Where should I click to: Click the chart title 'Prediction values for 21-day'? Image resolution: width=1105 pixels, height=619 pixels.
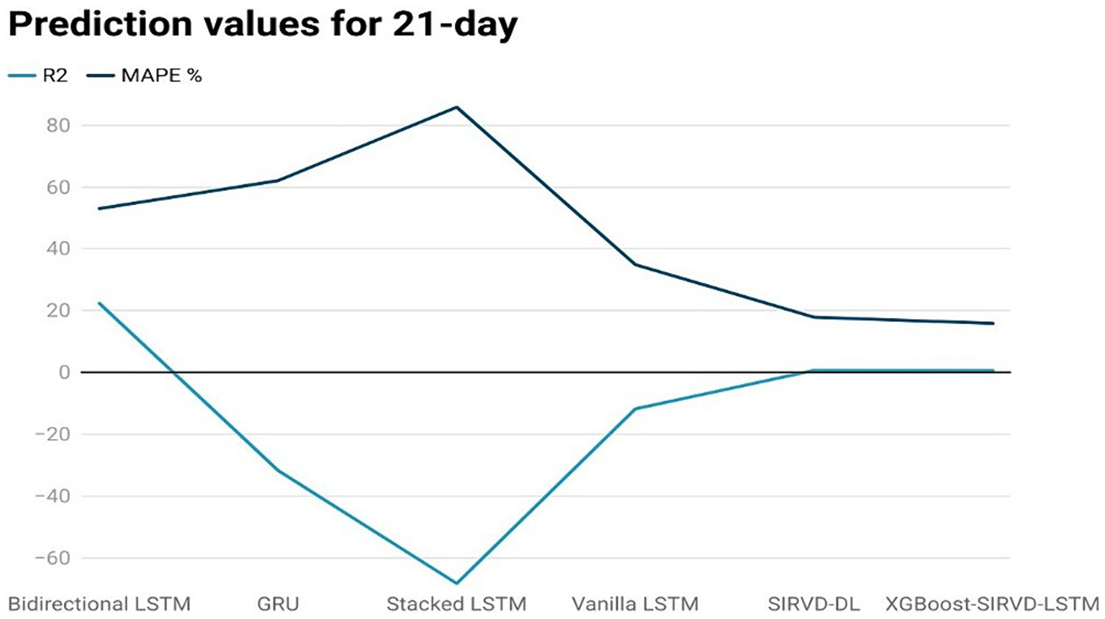(263, 24)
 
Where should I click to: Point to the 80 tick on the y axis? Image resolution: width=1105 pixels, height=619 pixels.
(55, 125)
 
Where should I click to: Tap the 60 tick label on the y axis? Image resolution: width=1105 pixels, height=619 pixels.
(55, 187)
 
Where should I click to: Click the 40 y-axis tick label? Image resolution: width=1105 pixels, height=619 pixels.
(55, 249)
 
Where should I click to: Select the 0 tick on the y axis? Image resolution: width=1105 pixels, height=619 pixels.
(64, 373)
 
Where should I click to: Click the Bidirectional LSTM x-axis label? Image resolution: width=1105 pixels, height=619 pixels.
(99, 604)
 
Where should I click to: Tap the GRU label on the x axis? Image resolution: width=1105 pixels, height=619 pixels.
(278, 604)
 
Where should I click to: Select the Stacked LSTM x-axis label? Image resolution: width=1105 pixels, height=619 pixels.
(456, 604)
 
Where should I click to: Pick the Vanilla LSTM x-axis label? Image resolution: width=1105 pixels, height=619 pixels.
(635, 604)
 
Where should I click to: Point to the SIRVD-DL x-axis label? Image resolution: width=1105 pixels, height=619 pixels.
(813, 604)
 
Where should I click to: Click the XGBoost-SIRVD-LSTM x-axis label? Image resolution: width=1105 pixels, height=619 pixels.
(992, 604)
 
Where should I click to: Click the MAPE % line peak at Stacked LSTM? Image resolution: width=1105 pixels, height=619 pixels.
(456, 107)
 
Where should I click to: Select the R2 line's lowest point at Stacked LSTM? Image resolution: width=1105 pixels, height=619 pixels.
(456, 583)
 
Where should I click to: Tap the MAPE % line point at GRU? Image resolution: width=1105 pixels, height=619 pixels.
(278, 181)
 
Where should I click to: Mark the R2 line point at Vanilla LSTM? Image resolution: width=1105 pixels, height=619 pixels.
(635, 409)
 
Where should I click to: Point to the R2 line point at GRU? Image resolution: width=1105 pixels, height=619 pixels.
(278, 471)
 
